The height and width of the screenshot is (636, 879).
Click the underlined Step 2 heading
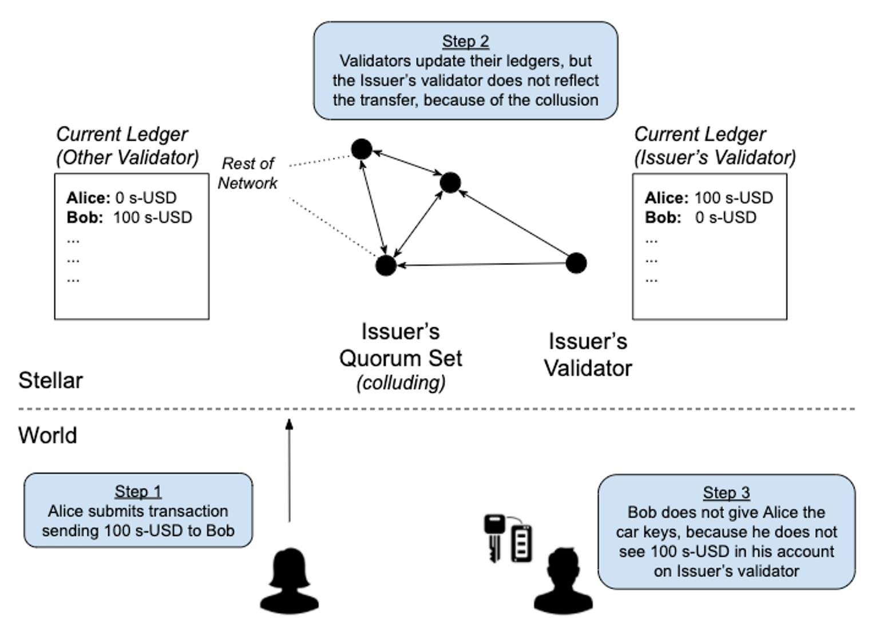point(465,41)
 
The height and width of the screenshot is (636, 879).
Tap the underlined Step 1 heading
point(138,491)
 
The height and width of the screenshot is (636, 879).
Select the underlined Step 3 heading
point(726,492)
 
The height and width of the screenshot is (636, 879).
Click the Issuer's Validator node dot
point(576,263)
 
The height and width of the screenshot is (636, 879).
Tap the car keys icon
point(508,538)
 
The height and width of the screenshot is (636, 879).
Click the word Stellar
point(50,380)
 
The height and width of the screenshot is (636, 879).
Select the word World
point(47,435)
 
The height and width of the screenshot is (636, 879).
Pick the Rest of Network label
point(248,173)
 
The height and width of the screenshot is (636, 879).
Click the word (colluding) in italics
point(401,383)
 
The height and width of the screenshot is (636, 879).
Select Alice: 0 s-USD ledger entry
point(121,198)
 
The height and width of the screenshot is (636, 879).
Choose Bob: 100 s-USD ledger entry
point(129,217)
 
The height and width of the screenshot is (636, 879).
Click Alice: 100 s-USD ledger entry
point(708,198)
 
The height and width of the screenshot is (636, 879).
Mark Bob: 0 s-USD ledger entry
point(700,217)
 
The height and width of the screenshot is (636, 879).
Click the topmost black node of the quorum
point(361,149)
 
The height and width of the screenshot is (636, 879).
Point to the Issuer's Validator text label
point(588,355)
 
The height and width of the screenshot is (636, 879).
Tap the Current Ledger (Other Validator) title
point(127,146)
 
